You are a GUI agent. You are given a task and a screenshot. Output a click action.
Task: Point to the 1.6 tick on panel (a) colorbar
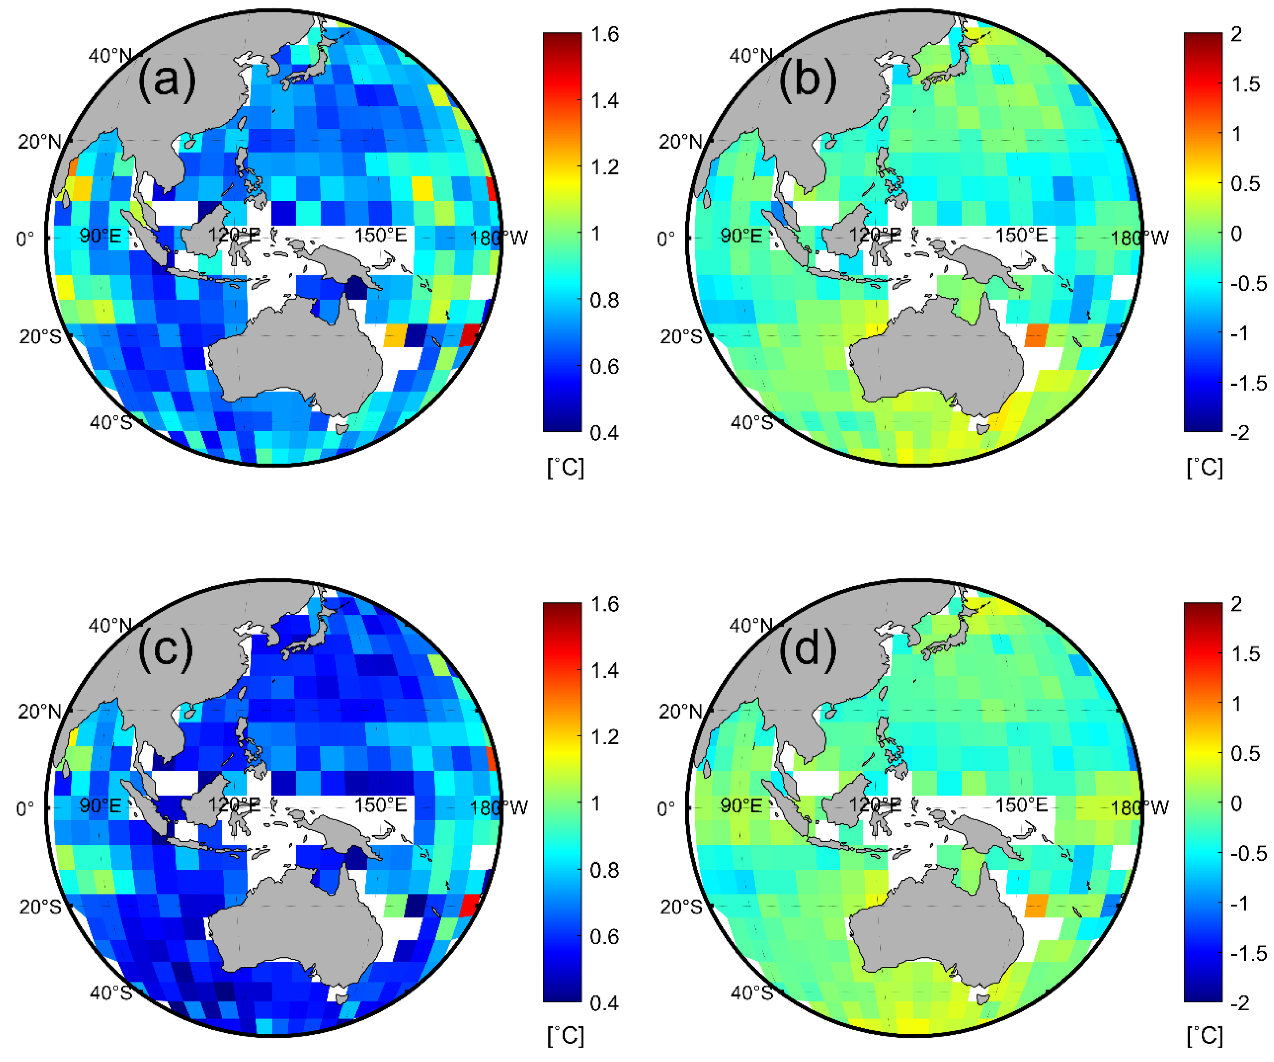[x=605, y=35]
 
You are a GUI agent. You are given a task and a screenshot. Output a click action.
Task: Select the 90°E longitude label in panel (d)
[x=741, y=805]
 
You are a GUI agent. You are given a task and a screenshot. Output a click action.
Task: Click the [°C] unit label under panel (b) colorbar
[x=1205, y=467]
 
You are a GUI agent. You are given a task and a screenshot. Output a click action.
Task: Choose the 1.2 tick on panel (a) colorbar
[x=605, y=167]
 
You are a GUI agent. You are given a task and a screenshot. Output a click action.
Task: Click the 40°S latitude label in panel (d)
[x=752, y=993]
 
